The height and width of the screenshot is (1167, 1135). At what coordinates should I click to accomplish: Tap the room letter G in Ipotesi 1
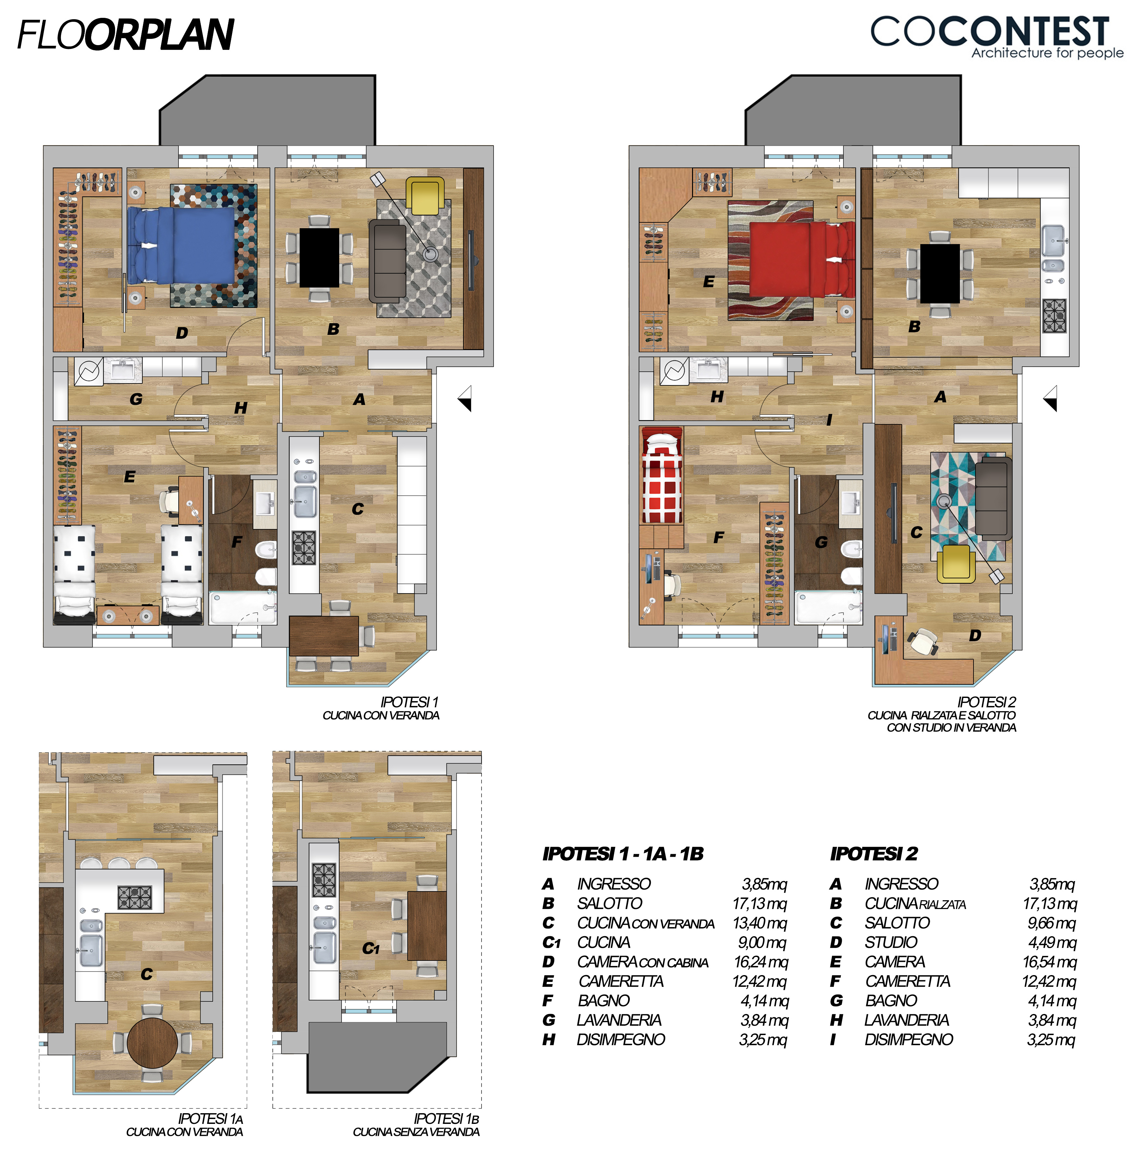point(136,399)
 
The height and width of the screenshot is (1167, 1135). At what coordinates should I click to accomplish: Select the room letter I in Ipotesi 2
point(829,420)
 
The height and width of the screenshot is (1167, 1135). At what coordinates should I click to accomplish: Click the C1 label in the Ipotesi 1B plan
point(370,948)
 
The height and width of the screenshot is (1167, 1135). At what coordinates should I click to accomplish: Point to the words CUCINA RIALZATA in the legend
point(915,903)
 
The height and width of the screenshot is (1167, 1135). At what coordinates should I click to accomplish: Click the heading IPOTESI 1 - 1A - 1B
point(623,854)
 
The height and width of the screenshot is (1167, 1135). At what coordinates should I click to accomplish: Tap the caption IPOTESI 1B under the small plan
point(447,1119)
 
